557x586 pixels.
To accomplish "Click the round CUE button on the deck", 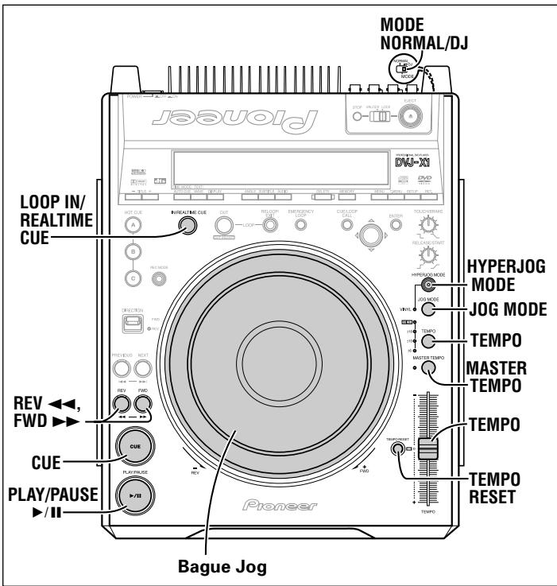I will click(134, 447).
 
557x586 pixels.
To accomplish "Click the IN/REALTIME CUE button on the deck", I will click(188, 225).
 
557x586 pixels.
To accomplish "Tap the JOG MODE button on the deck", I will click(428, 310).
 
